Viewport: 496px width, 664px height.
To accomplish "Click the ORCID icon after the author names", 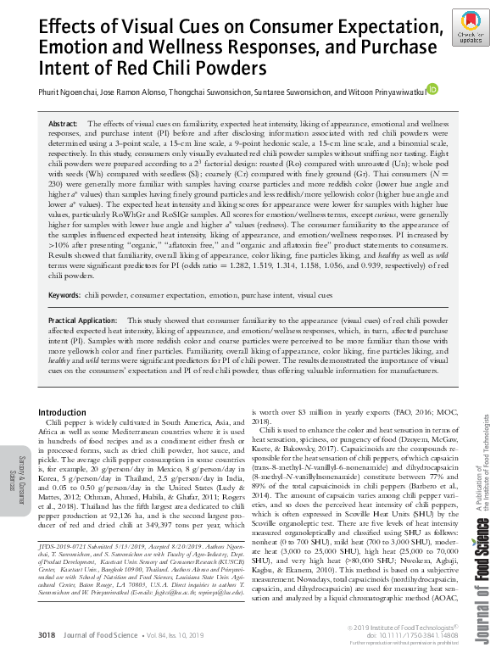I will (432, 88).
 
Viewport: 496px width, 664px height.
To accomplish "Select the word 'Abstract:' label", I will (64, 124).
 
